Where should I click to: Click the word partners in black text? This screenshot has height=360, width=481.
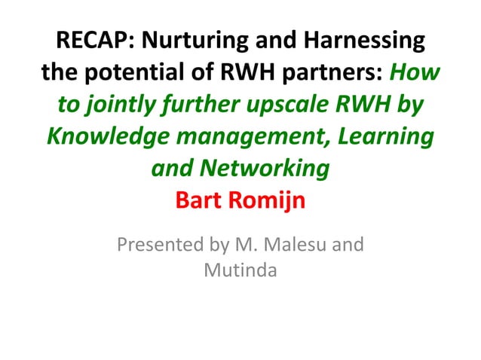(x=328, y=73)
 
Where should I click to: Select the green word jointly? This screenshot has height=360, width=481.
(x=121, y=106)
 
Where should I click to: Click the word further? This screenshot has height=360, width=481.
(x=202, y=106)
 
